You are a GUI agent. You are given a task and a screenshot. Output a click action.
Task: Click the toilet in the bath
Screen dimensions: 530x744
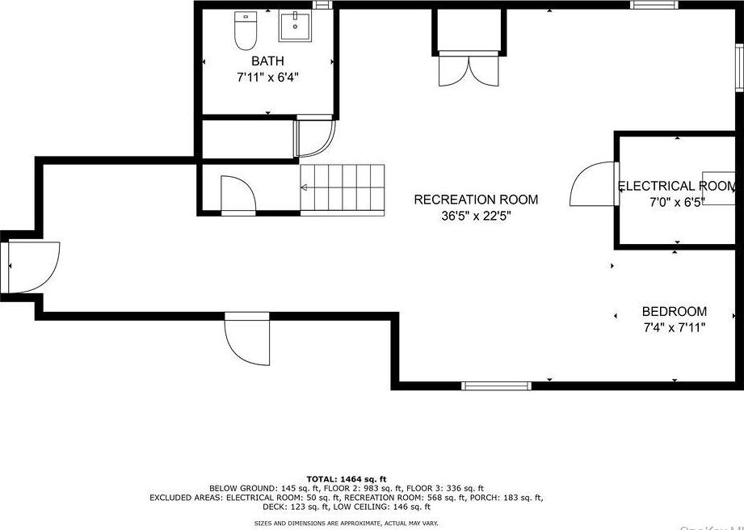point(245,31)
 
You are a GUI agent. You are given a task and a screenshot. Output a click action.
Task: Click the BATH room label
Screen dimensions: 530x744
point(267,61)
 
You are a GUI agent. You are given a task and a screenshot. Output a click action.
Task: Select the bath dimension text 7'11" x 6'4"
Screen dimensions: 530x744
point(267,78)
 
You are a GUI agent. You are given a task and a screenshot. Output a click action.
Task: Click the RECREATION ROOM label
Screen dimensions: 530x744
point(475,200)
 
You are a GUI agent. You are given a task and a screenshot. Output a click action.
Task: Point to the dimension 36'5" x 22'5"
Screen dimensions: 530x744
point(475,216)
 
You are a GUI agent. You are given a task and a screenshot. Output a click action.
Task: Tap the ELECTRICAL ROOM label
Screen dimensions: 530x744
point(677,186)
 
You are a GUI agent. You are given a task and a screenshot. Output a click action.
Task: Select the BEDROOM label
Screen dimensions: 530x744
point(674,311)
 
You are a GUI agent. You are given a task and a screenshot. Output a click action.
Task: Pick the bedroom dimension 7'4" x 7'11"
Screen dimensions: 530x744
point(674,328)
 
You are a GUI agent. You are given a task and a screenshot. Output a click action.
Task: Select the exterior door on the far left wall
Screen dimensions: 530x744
point(29,267)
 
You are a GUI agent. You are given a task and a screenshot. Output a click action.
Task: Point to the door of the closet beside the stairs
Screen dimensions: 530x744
point(238,196)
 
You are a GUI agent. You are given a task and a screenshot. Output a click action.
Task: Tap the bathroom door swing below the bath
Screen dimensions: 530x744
point(313,137)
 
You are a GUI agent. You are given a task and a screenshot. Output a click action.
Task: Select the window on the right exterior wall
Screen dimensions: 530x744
point(738,65)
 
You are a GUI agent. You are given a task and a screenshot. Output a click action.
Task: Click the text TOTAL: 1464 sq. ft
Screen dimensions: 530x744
point(346,478)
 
